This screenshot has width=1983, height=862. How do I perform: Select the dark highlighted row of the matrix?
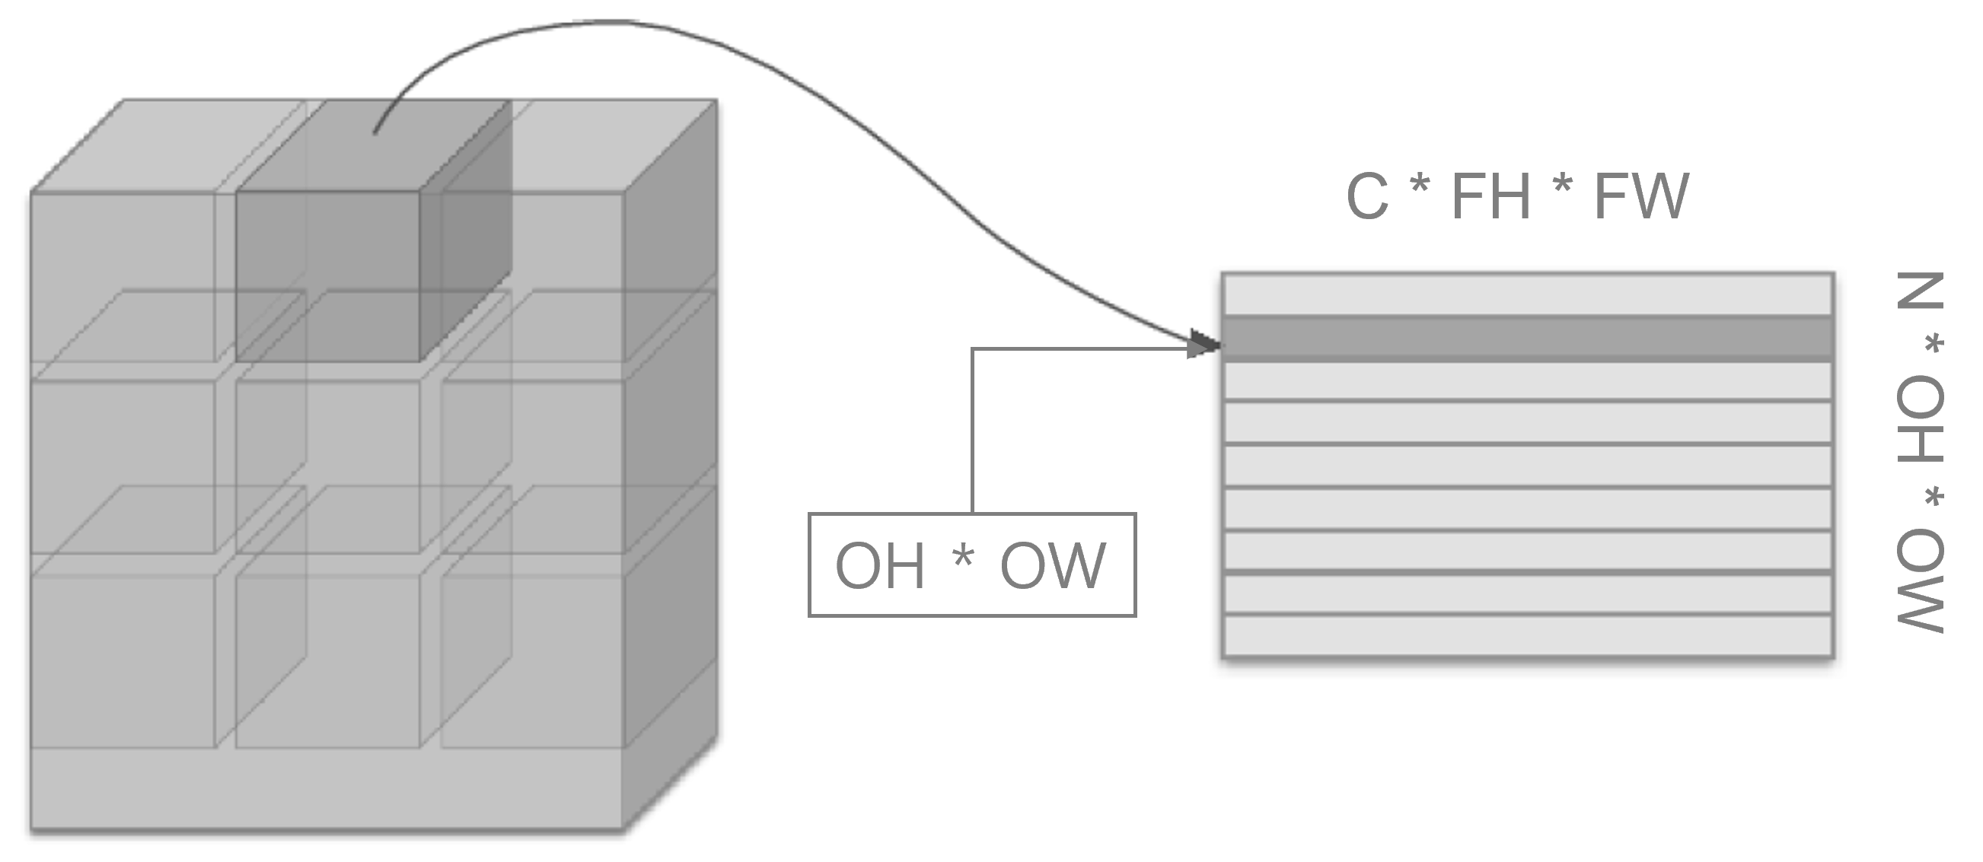tap(1527, 338)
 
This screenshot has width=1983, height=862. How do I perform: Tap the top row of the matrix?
tap(1527, 294)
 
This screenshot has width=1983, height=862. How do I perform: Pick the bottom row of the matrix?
tap(1527, 636)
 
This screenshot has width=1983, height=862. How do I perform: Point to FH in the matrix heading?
tap(1490, 196)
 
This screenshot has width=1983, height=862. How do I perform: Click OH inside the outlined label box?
tap(880, 566)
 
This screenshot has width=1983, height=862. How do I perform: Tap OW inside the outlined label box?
tap(1052, 566)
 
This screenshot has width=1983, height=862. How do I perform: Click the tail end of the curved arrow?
tap(375, 133)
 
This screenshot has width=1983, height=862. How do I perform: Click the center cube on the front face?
tap(327, 466)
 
